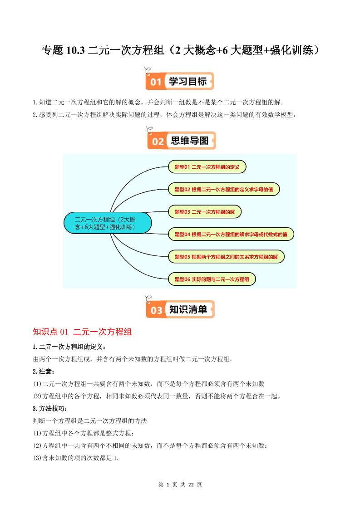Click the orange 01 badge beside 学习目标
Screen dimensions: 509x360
(x=156, y=82)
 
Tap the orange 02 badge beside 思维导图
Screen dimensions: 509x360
(x=158, y=141)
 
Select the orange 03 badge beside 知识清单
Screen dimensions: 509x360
(x=156, y=310)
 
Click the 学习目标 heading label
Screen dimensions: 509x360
(x=187, y=82)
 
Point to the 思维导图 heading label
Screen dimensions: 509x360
(x=190, y=141)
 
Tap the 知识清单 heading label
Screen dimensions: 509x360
(x=188, y=310)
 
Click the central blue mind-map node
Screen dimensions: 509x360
(x=107, y=223)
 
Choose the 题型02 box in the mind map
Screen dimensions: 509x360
(x=224, y=190)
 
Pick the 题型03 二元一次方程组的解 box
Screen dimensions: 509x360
(x=204, y=212)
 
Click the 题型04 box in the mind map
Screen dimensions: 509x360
(x=231, y=235)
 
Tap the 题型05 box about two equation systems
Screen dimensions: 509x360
(x=226, y=257)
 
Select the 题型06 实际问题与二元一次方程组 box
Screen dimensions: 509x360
(x=212, y=279)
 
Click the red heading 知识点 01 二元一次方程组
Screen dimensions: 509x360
(x=82, y=332)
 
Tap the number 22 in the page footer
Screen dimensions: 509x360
(x=191, y=485)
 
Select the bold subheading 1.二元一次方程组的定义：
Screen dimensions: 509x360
(x=69, y=347)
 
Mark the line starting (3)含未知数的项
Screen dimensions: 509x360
(x=76, y=458)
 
